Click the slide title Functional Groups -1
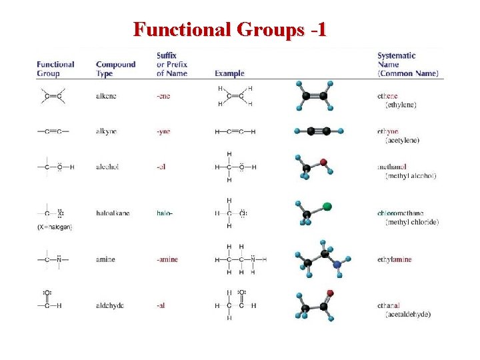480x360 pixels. tap(229, 30)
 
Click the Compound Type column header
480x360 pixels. tap(115, 69)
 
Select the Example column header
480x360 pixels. tap(229, 73)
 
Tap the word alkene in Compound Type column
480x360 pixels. tap(106, 96)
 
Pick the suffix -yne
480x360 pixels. tap(163, 131)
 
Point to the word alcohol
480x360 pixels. tap(107, 167)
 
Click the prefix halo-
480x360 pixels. tap(164, 213)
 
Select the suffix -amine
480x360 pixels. tap(167, 259)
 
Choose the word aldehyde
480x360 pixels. tap(110, 305)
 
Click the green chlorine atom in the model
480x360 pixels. tap(327, 206)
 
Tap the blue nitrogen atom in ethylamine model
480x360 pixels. tap(337, 265)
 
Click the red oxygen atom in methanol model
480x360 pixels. tap(323, 162)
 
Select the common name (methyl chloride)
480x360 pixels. tap(412, 222)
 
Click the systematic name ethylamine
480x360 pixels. tap(394, 259)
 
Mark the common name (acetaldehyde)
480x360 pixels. tap(408, 314)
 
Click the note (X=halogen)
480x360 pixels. tap(55, 227)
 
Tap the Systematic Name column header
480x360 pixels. tap(406, 65)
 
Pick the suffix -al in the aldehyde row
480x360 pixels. tap(161, 305)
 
